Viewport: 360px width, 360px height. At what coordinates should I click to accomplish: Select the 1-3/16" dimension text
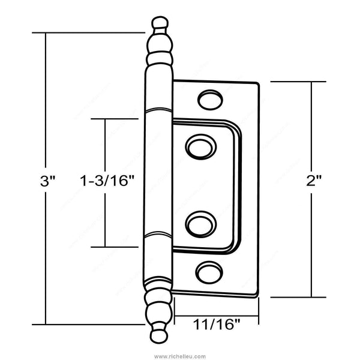point(107,181)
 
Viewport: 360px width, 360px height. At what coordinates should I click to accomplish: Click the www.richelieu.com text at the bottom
point(179,355)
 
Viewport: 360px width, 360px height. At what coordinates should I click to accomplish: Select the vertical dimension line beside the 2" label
point(311,120)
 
